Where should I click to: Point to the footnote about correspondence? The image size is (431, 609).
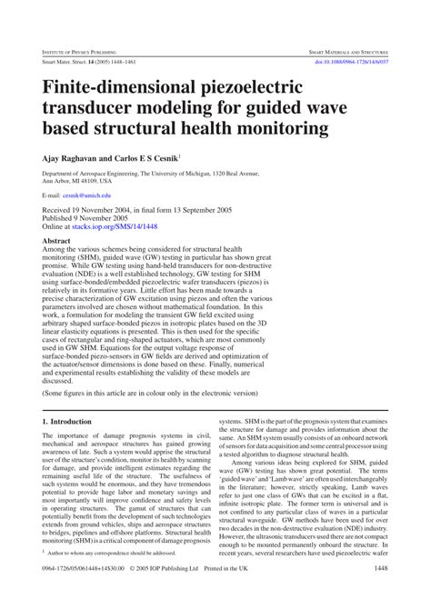coord(115,576)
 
